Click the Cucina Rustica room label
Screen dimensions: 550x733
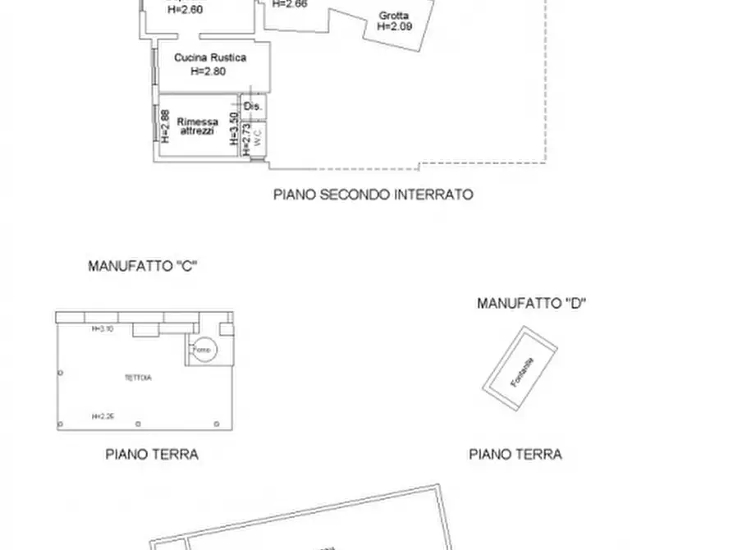pyautogui.click(x=210, y=58)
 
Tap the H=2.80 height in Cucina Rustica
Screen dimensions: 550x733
pyautogui.click(x=208, y=71)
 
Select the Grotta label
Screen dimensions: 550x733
pyautogui.click(x=394, y=16)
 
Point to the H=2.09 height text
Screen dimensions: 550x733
pyautogui.click(x=395, y=26)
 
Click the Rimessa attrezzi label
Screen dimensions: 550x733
pyautogui.click(x=198, y=126)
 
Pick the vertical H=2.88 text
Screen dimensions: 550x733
pyautogui.click(x=165, y=126)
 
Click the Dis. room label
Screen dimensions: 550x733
pyautogui.click(x=254, y=107)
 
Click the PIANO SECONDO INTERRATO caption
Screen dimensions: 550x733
pyautogui.click(x=373, y=195)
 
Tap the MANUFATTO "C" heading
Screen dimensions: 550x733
pyautogui.click(x=144, y=266)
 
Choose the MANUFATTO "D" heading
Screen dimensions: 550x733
pyautogui.click(x=532, y=304)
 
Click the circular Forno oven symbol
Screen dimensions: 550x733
pyautogui.click(x=202, y=350)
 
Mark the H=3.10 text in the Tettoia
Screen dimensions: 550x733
pyautogui.click(x=102, y=329)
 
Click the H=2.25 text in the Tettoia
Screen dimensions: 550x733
pyautogui.click(x=103, y=416)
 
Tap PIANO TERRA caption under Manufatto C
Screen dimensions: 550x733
pyautogui.click(x=152, y=454)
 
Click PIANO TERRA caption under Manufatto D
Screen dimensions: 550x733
pyautogui.click(x=515, y=454)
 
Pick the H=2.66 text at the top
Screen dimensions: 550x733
pyautogui.click(x=290, y=4)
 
